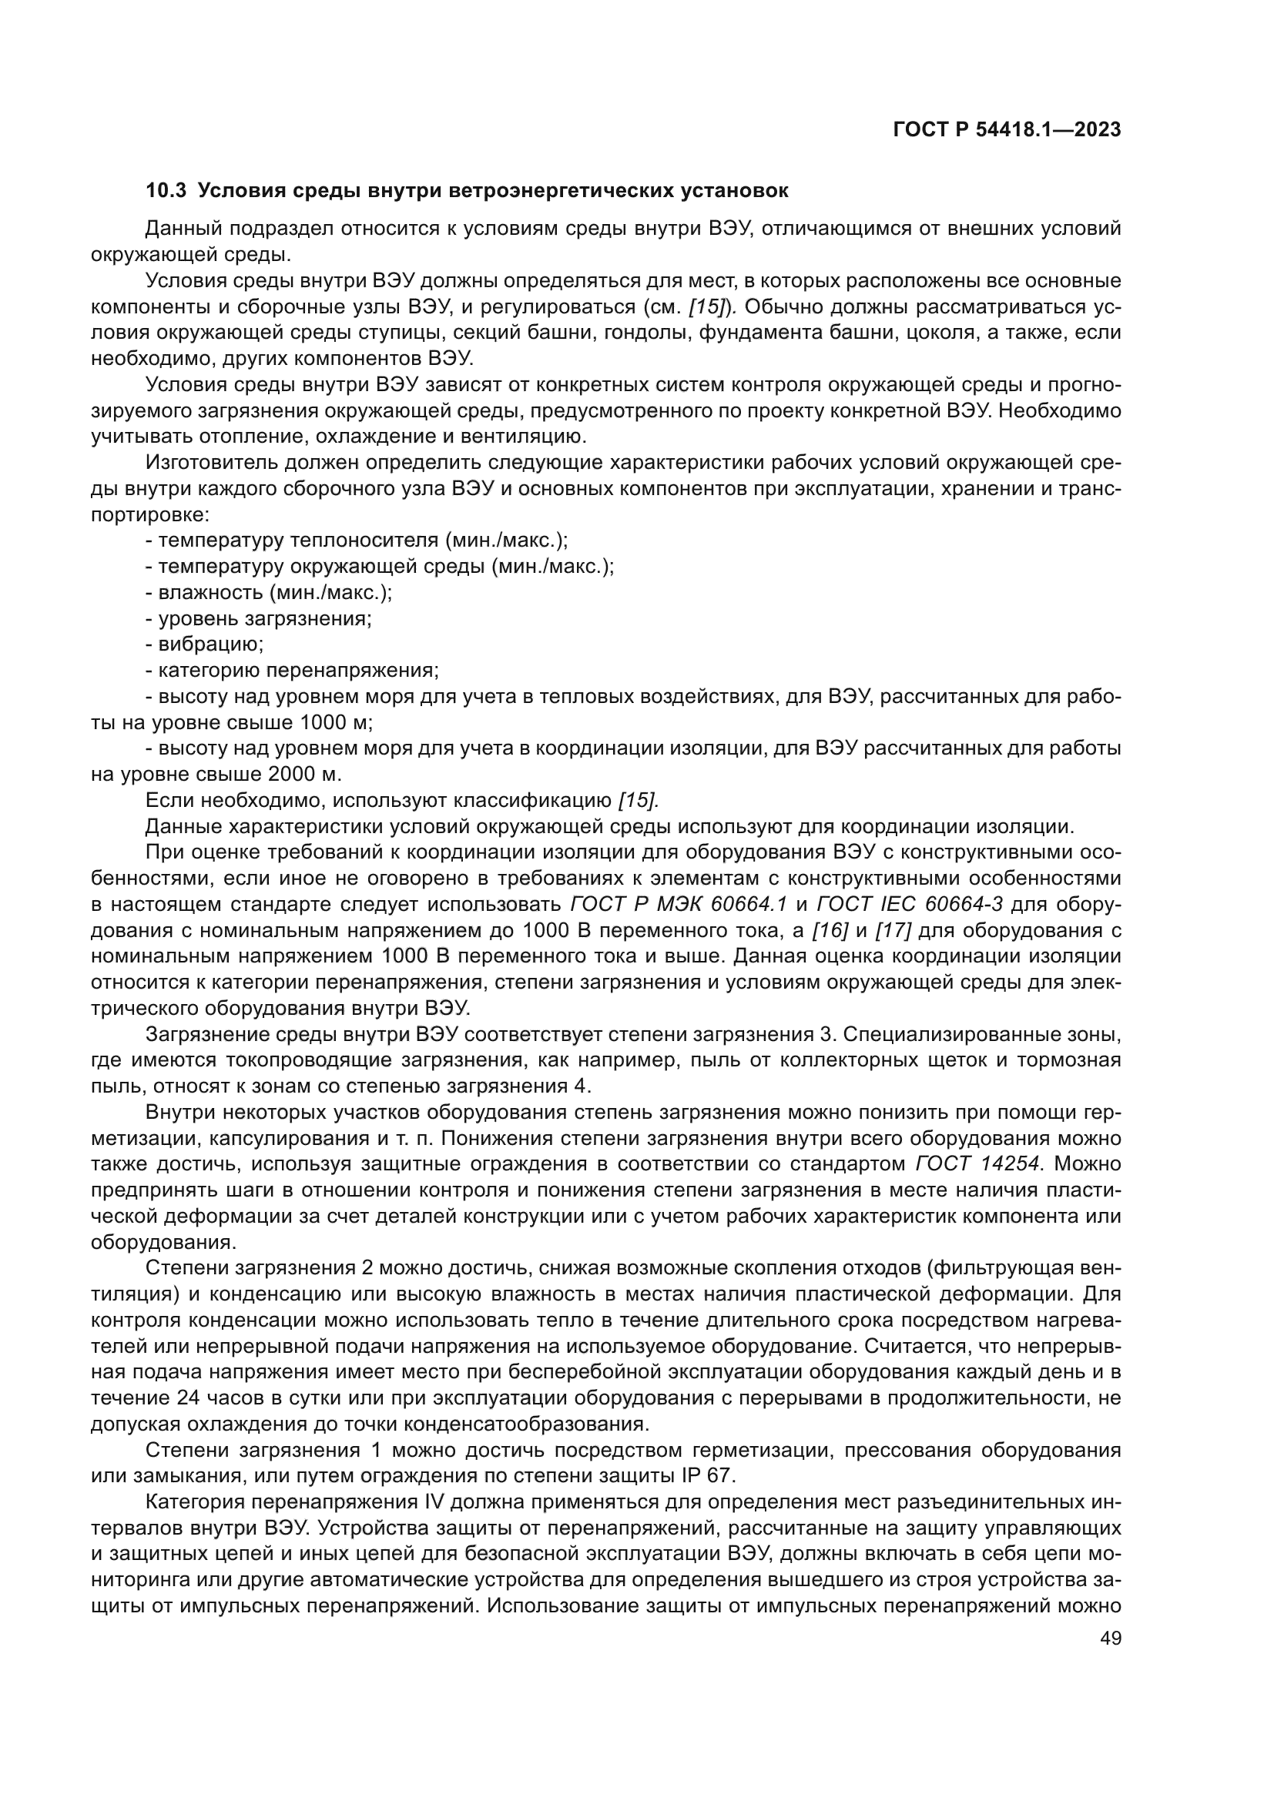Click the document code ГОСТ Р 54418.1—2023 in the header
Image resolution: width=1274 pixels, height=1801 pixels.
pos(1007,130)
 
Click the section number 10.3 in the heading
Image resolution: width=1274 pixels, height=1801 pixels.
pos(165,191)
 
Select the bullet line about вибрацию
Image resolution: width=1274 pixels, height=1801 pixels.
pos(206,644)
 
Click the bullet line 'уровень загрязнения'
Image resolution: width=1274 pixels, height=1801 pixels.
pos(259,619)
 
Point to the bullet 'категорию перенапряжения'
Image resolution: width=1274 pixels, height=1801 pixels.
pos(293,671)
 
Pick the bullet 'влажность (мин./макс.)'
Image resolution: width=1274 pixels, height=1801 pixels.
pos(269,593)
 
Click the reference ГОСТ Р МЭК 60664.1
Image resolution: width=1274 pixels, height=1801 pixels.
pos(679,905)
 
